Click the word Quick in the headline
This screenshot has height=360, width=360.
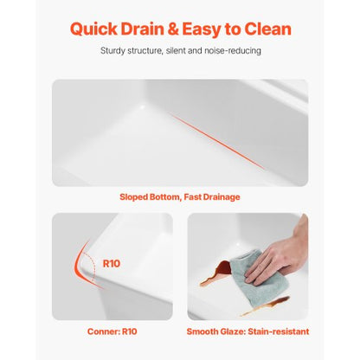[93, 29]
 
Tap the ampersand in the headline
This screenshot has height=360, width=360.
[172, 29]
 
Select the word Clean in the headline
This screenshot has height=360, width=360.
[267, 29]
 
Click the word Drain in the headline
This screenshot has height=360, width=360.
[142, 29]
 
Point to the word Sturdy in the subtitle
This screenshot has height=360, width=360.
[112, 51]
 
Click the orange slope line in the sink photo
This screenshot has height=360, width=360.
[216, 141]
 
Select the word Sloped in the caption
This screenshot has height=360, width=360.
[133, 197]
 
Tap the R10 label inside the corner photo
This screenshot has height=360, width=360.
[112, 263]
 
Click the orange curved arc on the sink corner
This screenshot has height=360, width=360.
[78, 266]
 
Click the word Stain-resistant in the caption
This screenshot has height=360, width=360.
[279, 331]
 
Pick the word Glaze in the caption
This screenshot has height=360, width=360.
[232, 331]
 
